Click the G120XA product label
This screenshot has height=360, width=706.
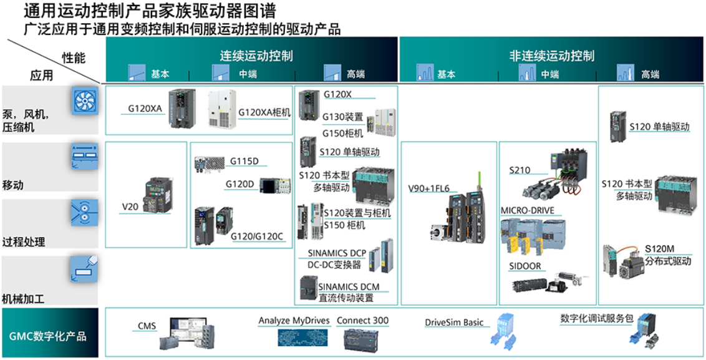145,108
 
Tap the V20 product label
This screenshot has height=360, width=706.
130,205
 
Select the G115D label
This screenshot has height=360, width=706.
244,161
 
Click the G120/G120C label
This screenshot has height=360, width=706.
257,236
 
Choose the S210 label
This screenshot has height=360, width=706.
521,170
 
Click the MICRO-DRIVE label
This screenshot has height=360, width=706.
528,210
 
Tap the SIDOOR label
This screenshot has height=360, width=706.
525,266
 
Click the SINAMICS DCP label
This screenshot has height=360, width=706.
337,253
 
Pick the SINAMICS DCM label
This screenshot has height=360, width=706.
349,287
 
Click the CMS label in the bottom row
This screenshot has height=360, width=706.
147,326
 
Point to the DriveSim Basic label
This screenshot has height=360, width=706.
454,323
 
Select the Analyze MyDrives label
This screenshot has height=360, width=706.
295,321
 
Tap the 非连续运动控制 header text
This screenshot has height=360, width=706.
551,56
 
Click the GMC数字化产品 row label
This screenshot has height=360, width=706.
47,336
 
